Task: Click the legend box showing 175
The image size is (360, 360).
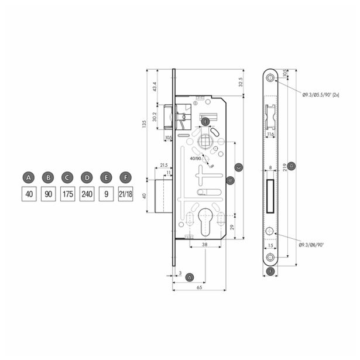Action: tap(67, 194)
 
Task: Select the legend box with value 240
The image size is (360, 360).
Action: tap(87, 194)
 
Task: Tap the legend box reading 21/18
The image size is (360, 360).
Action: tap(125, 194)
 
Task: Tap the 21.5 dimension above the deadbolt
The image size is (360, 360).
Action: tap(163, 166)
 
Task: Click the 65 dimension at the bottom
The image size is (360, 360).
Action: tap(199, 289)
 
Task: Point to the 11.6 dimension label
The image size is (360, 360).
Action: tap(270, 135)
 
